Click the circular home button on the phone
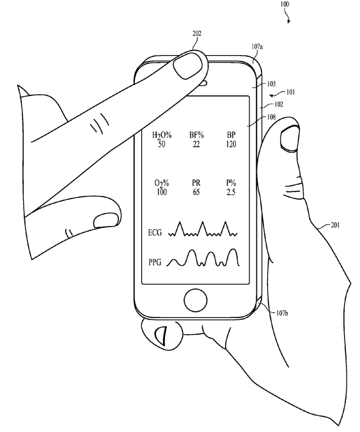pyautogui.click(x=196, y=300)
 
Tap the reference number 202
pyautogui.click(x=197, y=33)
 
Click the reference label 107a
pyautogui.click(x=257, y=47)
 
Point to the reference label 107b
pyautogui.click(x=283, y=313)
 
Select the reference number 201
pyautogui.click(x=335, y=225)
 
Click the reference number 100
pyautogui.click(x=285, y=4)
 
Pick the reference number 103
pyautogui.click(x=271, y=83)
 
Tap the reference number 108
pyautogui.click(x=271, y=117)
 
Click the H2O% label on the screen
pyautogui.click(x=162, y=135)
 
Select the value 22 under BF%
pyautogui.click(x=196, y=144)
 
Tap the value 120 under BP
pyautogui.click(x=231, y=144)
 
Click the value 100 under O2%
pyautogui.click(x=162, y=192)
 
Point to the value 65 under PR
pyautogui.click(x=196, y=192)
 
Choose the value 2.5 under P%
pyautogui.click(x=231, y=192)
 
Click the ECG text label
pyautogui.click(x=155, y=233)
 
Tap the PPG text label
pyautogui.click(x=155, y=262)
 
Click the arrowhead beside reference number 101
pyautogui.click(x=272, y=95)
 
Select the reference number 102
pyautogui.click(x=279, y=104)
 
